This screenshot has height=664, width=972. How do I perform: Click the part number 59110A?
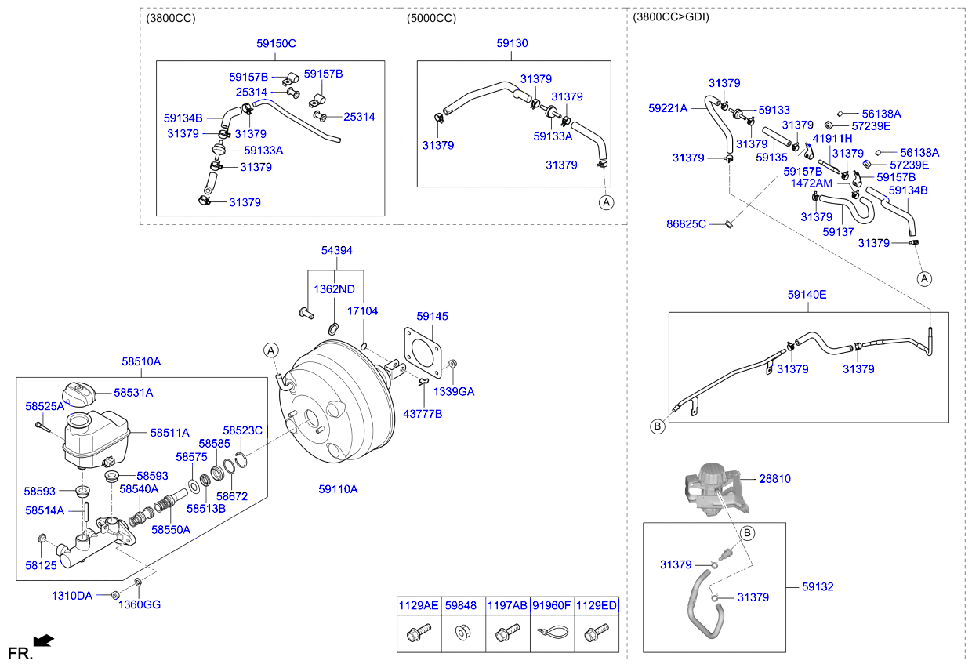338,489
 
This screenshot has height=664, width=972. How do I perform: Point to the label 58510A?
141,362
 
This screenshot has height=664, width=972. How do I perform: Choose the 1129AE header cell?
419,605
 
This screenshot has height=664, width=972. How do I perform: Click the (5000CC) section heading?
431,18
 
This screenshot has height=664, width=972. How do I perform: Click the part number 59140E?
807,296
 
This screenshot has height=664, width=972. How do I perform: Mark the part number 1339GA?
454,391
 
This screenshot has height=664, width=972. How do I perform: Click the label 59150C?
276,44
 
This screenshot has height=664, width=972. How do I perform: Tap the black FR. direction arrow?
45,640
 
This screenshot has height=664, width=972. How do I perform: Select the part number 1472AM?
811,182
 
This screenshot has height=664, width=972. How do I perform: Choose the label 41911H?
832,139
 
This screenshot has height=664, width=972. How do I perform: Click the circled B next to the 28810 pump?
747,533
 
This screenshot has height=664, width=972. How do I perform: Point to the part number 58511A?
170,432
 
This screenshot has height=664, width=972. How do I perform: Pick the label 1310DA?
72,596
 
